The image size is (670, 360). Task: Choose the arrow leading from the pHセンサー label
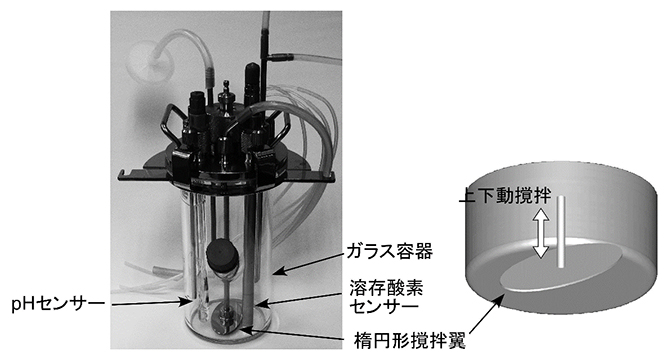[149, 300]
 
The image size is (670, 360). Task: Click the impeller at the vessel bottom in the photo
[225, 322]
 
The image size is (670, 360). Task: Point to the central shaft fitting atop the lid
[229, 100]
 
